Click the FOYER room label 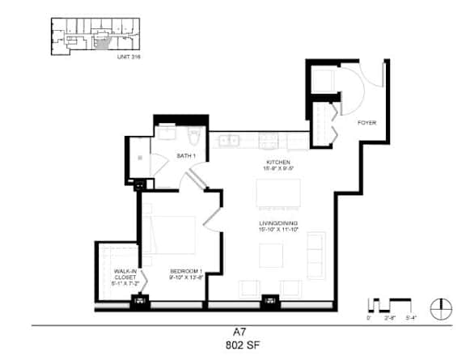[x=367, y=123]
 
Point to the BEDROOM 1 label [x=185, y=270]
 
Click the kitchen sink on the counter [x=231, y=141]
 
